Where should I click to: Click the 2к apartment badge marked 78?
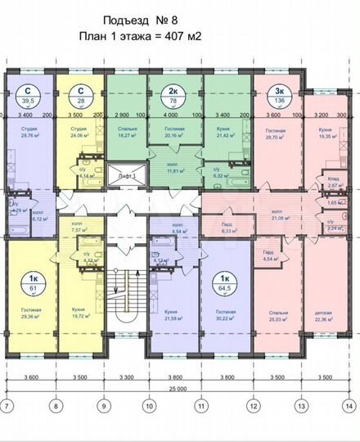tap(175, 97)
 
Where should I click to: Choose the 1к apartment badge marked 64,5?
tap(222, 283)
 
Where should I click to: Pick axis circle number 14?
tap(351, 406)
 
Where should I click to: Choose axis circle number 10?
tap(149, 406)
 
